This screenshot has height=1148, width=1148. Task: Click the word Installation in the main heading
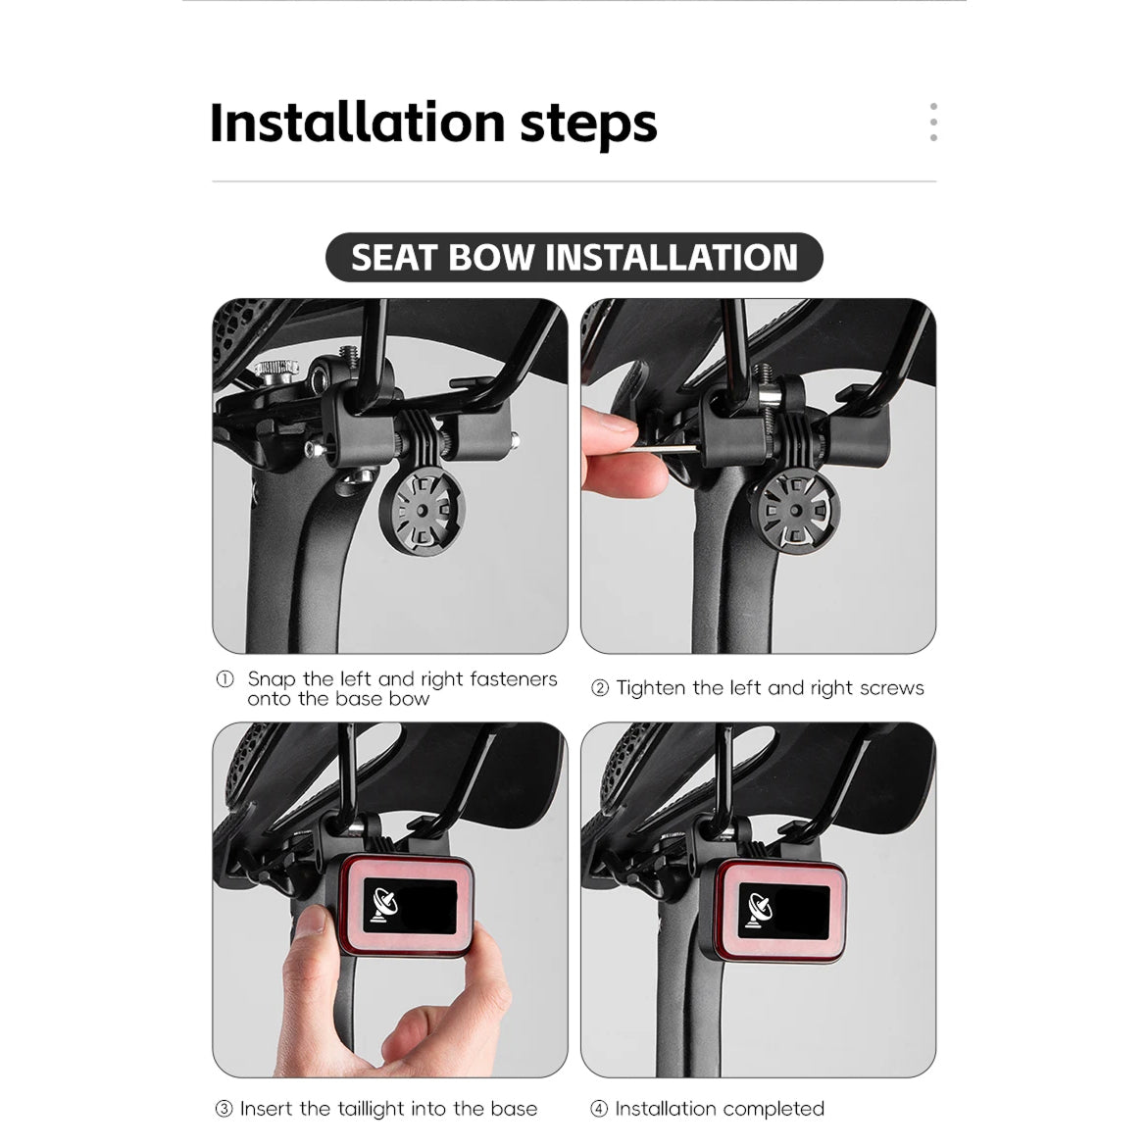pos(357,123)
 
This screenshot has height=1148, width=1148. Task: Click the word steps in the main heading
pos(588,125)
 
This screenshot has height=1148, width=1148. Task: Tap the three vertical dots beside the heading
pos(932,123)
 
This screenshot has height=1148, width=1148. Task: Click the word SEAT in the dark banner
pos(394,258)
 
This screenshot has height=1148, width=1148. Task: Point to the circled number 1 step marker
pos(225,679)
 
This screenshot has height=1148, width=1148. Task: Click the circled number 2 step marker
pos(600,688)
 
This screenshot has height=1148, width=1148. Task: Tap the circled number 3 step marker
pos(225,1109)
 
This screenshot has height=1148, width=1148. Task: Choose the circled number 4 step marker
pos(599,1109)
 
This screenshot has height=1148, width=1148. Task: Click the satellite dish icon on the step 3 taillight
pos(384,906)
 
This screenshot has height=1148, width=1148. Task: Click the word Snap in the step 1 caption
pos(272,680)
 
